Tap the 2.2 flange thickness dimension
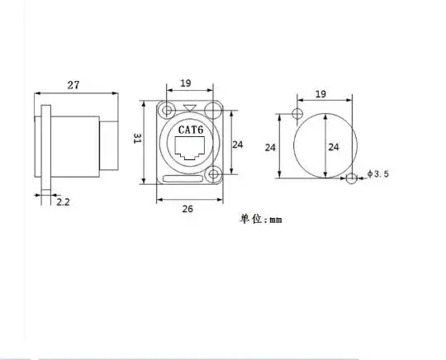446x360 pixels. (63, 201)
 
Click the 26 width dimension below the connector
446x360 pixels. (187, 209)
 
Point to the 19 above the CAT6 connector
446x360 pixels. (186, 83)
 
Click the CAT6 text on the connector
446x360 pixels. (192, 130)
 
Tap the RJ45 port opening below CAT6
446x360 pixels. (192, 149)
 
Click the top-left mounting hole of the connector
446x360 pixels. (168, 111)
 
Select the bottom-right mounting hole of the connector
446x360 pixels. (214, 174)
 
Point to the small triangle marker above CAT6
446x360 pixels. (192, 108)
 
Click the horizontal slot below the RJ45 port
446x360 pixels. (187, 177)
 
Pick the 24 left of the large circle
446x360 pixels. (269, 147)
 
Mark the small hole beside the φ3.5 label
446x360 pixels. (353, 178)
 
